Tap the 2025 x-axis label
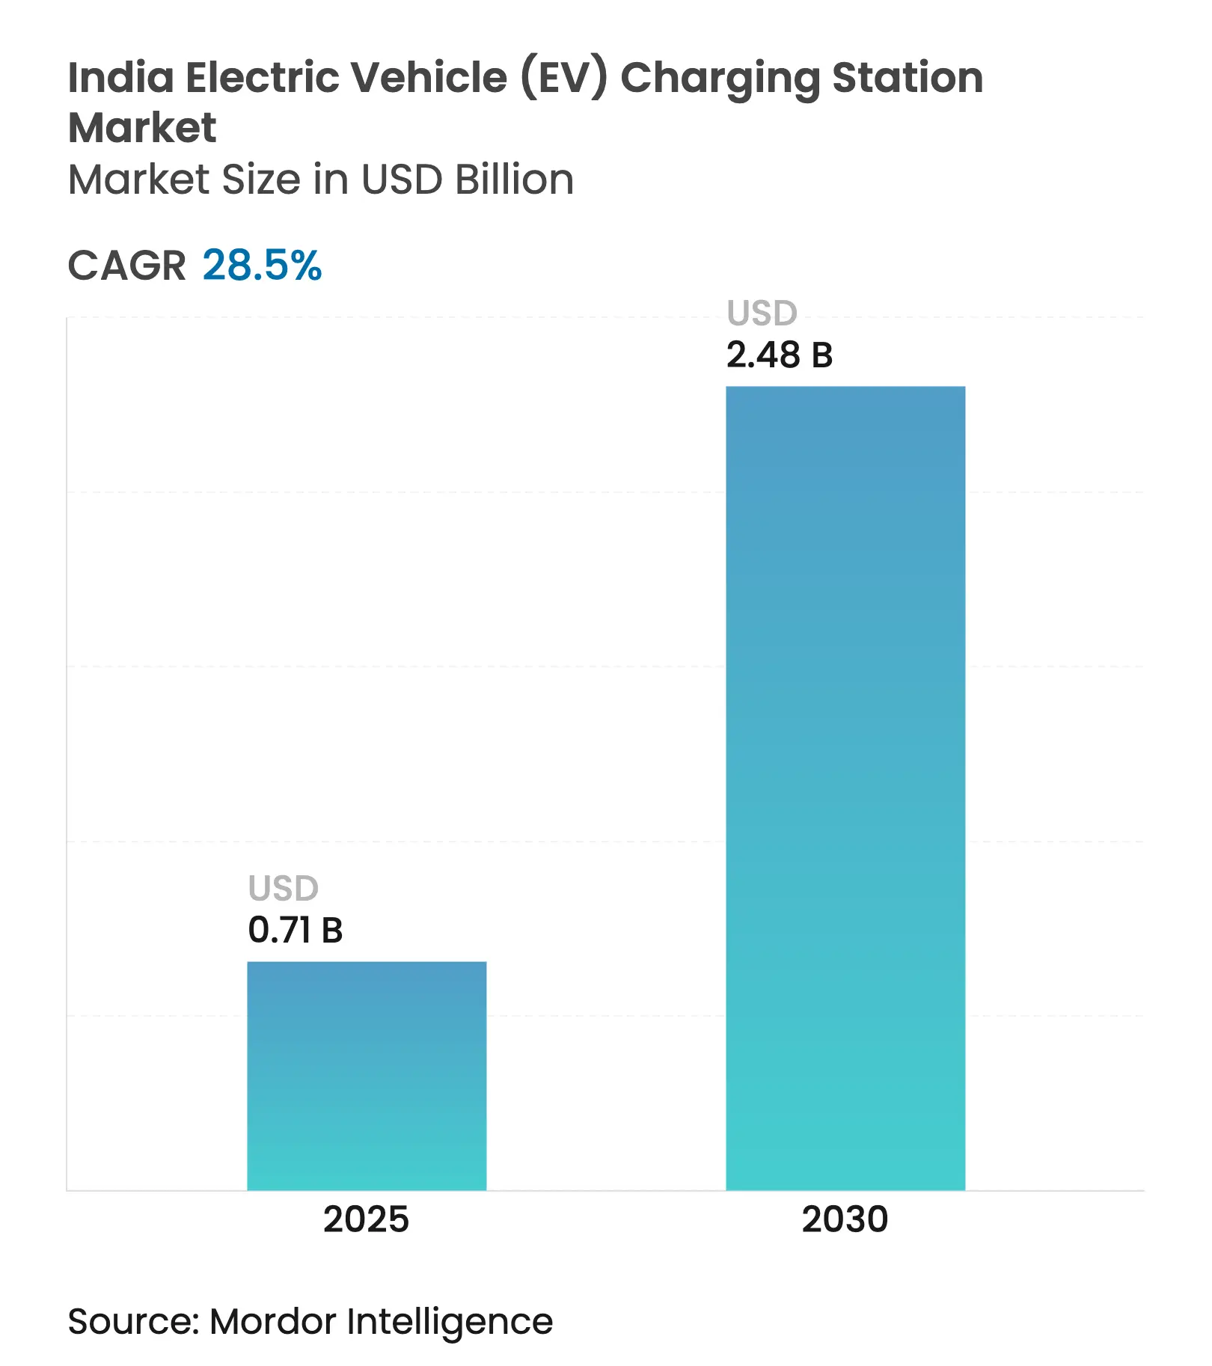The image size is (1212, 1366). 366,1219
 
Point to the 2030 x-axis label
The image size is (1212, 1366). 845,1219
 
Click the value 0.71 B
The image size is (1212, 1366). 295,930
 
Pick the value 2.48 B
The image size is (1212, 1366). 779,355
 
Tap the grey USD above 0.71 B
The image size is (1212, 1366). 283,889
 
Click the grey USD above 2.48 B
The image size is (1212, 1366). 762,313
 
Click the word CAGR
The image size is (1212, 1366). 126,266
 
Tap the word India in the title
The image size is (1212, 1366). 120,77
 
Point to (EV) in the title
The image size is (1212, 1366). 564,78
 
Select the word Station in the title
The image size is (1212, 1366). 908,77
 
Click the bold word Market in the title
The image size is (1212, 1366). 142,127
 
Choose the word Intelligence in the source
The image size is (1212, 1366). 450,1323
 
